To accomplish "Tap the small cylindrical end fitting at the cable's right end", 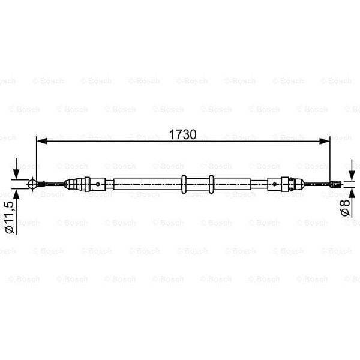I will tap(337, 184).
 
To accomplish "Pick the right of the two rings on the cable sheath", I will tap(211, 183).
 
